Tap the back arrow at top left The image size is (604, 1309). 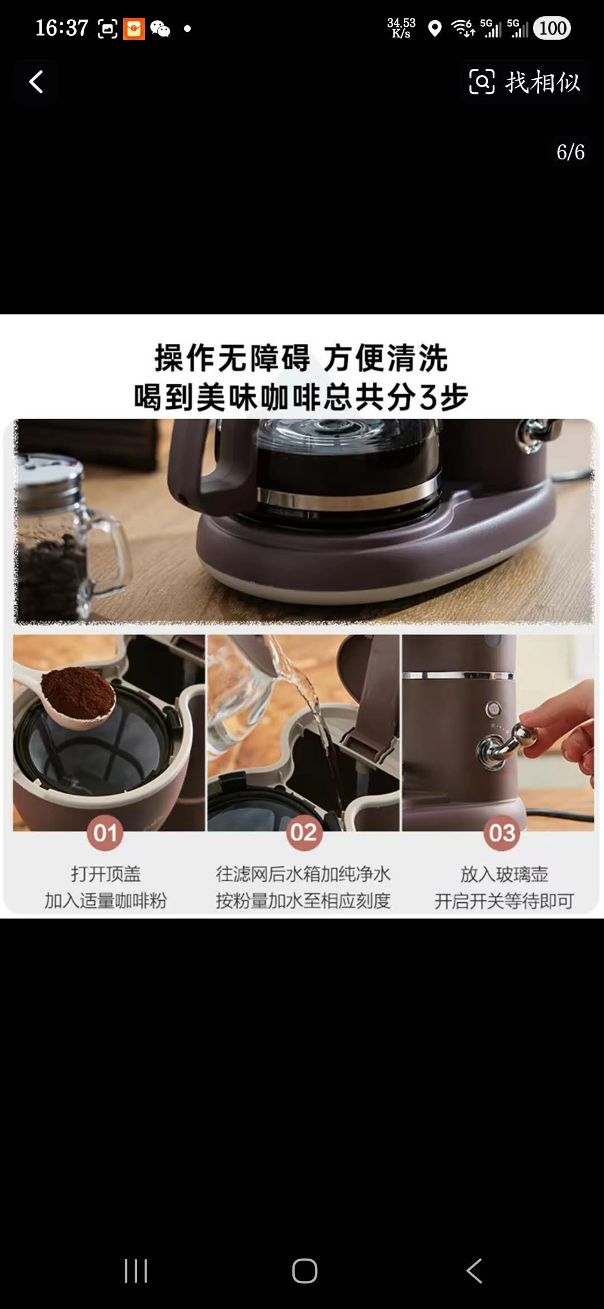coord(36,82)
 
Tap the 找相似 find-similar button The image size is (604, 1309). coord(525,82)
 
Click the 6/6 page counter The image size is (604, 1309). coord(570,152)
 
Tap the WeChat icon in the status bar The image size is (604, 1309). coord(160,29)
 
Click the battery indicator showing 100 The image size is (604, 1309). coord(552,28)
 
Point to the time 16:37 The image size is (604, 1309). coord(62,28)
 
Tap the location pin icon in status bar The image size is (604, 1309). coord(435,29)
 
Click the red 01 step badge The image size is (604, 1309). coord(105,833)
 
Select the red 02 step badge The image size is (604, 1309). coord(303,833)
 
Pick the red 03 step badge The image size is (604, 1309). coord(502,833)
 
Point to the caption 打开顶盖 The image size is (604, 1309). coord(106,874)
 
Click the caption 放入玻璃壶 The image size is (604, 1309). coord(504,874)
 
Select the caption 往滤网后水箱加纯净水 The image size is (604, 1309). coord(303,874)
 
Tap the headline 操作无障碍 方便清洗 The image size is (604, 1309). coord(301,358)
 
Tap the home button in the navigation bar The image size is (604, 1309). coord(305,1271)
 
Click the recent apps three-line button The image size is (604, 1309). coord(136,1271)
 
